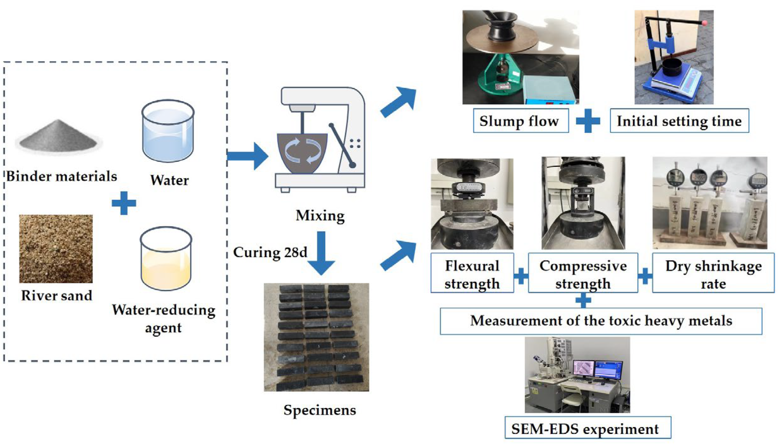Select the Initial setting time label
[679, 120]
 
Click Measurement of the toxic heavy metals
[601, 321]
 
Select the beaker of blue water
[168, 131]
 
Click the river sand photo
[56, 249]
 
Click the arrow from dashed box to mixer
[248, 156]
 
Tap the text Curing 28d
[270, 252]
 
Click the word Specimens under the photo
[319, 410]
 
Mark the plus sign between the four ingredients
[124, 203]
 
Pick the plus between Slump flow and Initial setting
[588, 120]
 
